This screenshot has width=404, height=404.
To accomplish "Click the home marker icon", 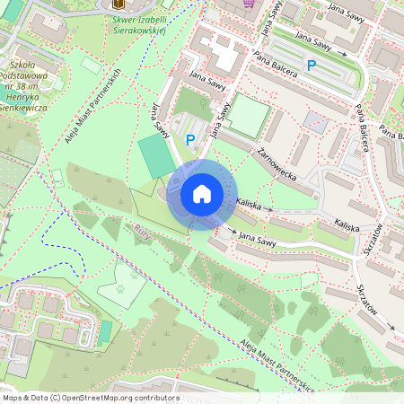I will pyautogui.click(x=202, y=193).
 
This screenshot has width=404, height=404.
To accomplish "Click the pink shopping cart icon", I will pyautogui.click(x=248, y=3).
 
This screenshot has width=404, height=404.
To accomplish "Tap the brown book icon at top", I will pyautogui.click(x=118, y=4).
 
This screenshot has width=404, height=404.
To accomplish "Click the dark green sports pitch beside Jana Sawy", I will pyautogui.click(x=157, y=158).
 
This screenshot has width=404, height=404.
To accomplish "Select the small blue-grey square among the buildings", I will pyautogui.click(x=315, y=121).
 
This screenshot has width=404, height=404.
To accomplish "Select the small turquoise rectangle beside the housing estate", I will pyautogui.click(x=105, y=331).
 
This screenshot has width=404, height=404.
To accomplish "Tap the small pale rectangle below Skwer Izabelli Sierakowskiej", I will pyautogui.click(x=91, y=65).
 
